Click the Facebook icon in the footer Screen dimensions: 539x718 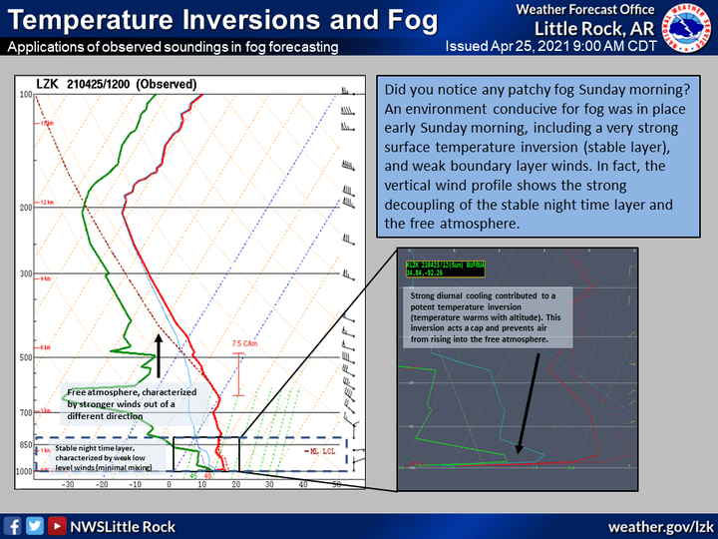[13, 525]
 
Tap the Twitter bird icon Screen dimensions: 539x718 [36, 525]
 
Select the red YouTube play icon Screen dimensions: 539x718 [58, 525]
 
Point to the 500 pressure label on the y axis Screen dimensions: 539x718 [25, 357]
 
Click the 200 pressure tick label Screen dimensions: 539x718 [25, 208]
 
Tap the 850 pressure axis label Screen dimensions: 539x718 [25, 444]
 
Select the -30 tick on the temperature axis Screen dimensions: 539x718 [68, 484]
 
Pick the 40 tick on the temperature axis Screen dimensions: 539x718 [302, 484]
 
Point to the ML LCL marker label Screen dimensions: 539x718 [319, 450]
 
